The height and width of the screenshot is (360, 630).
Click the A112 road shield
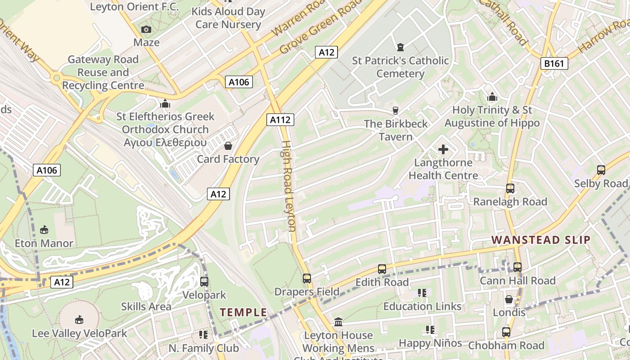pyautogui.click(x=281, y=119)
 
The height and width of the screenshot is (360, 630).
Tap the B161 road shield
pyautogui.click(x=554, y=63)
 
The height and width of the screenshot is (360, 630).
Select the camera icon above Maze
pyautogui.click(x=146, y=30)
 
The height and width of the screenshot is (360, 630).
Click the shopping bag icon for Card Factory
pyautogui.click(x=228, y=146)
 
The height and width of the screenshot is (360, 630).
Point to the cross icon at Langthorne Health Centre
pyautogui.click(x=443, y=149)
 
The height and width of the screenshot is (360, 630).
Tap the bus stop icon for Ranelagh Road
pyautogui.click(x=510, y=189)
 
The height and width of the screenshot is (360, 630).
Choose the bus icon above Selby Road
pyautogui.click(x=601, y=170)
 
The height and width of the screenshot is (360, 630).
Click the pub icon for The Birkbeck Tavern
pyautogui.click(x=396, y=110)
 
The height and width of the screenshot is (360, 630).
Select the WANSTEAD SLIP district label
pyautogui.click(x=540, y=240)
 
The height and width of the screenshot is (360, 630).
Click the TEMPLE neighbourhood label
pyautogui.click(x=243, y=312)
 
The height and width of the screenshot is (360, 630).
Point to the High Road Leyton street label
pyautogui.click(x=288, y=186)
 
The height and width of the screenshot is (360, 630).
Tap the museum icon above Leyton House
pyautogui.click(x=338, y=322)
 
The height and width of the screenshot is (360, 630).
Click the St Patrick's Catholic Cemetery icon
pyautogui.click(x=400, y=47)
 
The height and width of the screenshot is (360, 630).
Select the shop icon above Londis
pyautogui.click(x=509, y=299)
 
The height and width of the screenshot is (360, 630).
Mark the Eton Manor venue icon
pyautogui.click(x=44, y=230)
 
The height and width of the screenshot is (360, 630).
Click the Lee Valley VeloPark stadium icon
pyautogui.click(x=79, y=320)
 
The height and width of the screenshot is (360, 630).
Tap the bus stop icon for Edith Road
pyautogui.click(x=382, y=269)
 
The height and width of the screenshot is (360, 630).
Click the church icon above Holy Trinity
pyautogui.click(x=492, y=97)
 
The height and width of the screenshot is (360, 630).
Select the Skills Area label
pyautogui.click(x=146, y=306)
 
